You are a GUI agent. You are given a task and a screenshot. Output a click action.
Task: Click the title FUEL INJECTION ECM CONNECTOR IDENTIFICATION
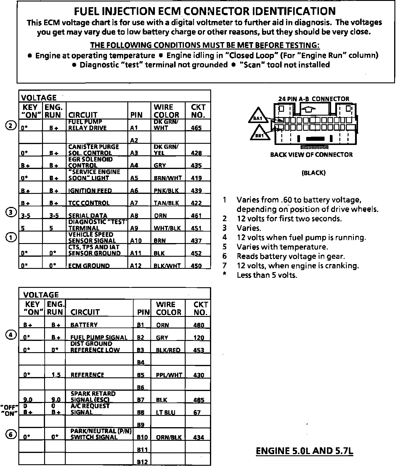pos(204,11)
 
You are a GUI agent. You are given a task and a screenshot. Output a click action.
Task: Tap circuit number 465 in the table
pos(196,128)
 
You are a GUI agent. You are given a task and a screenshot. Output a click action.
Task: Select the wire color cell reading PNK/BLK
pos(166,191)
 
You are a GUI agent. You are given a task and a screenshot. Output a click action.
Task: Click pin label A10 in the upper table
pos(136,241)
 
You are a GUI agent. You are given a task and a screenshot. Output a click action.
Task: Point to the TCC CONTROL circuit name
pos(89,203)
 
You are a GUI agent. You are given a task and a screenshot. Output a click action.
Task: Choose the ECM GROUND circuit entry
pos(89,266)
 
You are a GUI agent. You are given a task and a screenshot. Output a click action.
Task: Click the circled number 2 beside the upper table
pos(11,126)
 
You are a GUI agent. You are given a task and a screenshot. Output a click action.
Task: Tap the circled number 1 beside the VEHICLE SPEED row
pos(11,237)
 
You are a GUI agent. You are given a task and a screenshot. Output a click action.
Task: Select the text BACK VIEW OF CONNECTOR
pos(311,155)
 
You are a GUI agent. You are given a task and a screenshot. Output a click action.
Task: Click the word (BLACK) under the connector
pos(313,173)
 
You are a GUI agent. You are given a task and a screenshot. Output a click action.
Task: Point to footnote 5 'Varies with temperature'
pos(282,247)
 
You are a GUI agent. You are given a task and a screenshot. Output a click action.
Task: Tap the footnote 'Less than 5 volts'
pos(267,275)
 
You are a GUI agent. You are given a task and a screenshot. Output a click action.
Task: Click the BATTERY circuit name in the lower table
pos(84,325)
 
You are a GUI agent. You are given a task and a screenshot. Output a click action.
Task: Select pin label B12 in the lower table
pos(142,462)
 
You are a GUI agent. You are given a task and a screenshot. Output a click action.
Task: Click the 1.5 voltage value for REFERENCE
pos(56,375)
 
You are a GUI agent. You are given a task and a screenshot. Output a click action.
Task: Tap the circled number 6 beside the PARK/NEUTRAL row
pos(11,435)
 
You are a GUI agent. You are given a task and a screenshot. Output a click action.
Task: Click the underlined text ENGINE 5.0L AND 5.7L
pos(304,451)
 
